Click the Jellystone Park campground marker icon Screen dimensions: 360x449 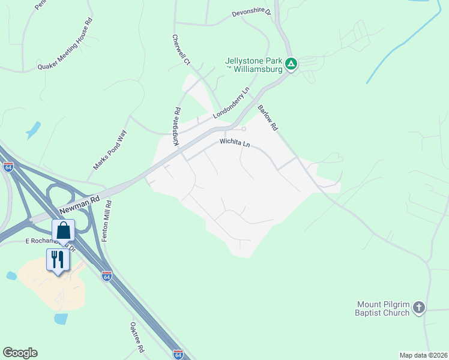291,63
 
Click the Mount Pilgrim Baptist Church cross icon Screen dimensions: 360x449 419,308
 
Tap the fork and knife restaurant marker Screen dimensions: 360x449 58,260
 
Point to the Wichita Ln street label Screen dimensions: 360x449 234,144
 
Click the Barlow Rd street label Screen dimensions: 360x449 268,118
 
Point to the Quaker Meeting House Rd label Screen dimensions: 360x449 66,43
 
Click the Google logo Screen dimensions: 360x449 20,353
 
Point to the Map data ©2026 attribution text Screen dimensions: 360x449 423,355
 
